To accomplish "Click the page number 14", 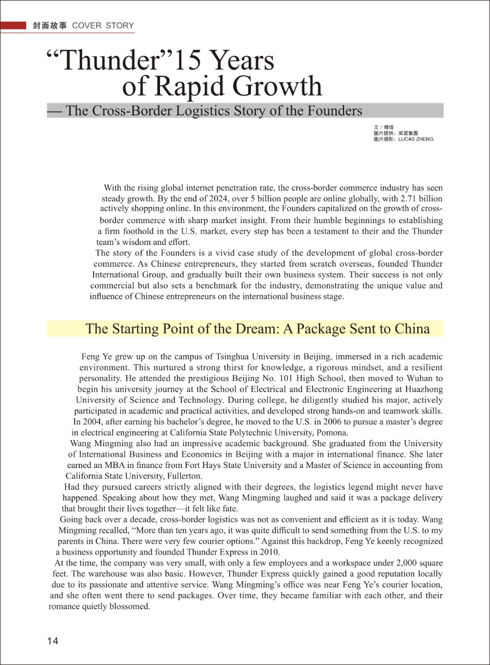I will tap(53, 641).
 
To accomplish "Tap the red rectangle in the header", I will tap(14, 26).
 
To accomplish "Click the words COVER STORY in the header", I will tap(102, 26).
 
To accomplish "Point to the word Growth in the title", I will tap(282, 87).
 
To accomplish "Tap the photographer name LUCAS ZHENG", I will tap(416, 139).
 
